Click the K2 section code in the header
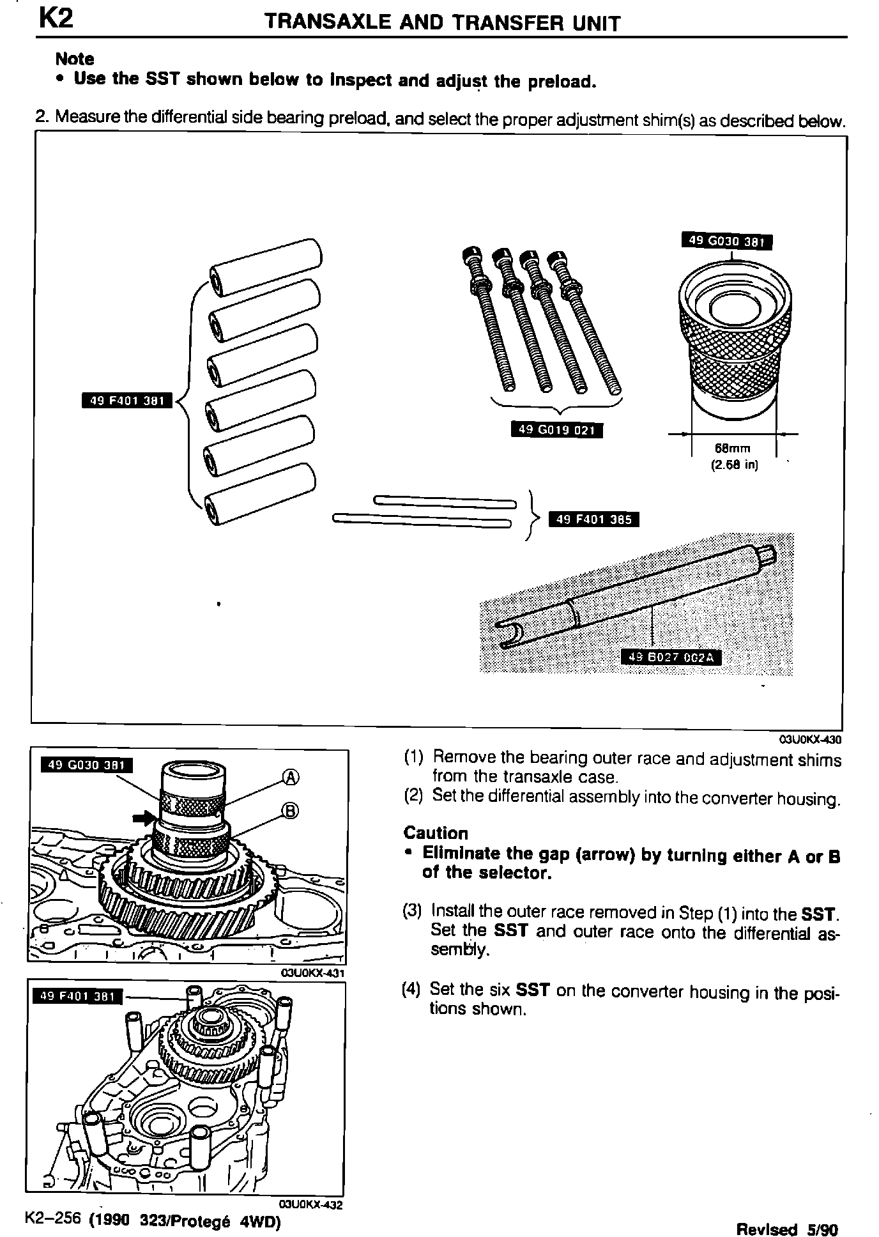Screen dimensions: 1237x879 click(x=56, y=19)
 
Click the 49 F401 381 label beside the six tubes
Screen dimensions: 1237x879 click(x=128, y=401)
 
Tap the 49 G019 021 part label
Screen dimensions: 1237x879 click(x=556, y=430)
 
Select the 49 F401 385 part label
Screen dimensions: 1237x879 click(x=594, y=519)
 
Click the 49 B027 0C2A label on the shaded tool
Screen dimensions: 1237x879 click(x=671, y=657)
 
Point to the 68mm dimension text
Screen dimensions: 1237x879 click(x=732, y=449)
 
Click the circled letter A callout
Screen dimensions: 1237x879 click(x=291, y=777)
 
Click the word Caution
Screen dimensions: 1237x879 click(x=436, y=833)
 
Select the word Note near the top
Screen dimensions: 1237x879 click(x=75, y=59)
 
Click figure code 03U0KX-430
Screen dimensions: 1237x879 click(x=810, y=740)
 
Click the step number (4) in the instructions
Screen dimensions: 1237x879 click(x=412, y=990)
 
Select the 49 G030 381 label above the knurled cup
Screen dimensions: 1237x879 click(x=727, y=242)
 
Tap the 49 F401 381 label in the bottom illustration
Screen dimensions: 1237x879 click(x=77, y=996)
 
